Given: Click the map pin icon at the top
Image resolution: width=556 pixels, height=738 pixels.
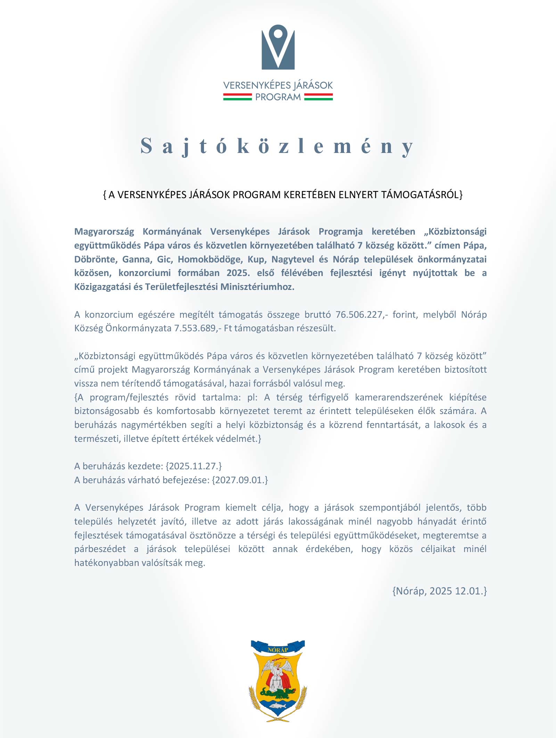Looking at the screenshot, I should pos(278,47).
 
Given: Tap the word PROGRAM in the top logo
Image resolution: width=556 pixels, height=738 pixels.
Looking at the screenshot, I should pos(278,97).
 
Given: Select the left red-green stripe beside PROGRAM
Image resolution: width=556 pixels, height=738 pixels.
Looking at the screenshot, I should pos(237,97).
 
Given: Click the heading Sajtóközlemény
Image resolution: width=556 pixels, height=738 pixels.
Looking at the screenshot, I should pos(277,146).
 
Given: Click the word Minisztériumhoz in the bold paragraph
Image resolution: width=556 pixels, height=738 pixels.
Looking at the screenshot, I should pos(257,287).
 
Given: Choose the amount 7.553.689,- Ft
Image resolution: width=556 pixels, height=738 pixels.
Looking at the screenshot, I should pos(203,328).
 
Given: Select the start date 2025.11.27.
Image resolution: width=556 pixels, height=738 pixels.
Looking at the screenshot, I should pos(194,466).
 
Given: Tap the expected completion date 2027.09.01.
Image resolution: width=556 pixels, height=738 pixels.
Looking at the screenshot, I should pos(240,480).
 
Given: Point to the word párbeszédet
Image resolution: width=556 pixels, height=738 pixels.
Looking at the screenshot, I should pos(100,549).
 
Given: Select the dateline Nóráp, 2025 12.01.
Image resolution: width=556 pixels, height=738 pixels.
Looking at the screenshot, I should pos(440,591).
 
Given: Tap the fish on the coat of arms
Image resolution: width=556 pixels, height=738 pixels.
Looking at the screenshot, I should pos(278,706).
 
